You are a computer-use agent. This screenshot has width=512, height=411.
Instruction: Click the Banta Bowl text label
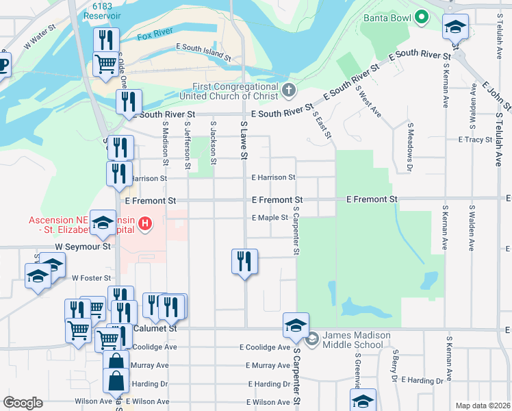click(x=387, y=17)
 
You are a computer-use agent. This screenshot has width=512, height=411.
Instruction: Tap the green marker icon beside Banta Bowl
click(x=422, y=16)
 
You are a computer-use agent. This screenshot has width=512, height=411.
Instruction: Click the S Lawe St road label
click(x=242, y=140)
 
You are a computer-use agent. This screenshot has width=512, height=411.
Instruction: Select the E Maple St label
click(x=269, y=218)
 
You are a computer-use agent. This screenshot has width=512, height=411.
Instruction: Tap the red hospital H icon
click(x=144, y=223)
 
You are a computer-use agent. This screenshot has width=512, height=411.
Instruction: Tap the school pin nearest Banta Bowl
click(x=455, y=27)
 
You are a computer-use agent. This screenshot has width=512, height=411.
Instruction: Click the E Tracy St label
click(x=475, y=140)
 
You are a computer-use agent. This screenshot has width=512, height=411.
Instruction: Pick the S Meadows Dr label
click(x=410, y=147)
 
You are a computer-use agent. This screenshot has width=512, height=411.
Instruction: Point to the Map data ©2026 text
click(x=483, y=406)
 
